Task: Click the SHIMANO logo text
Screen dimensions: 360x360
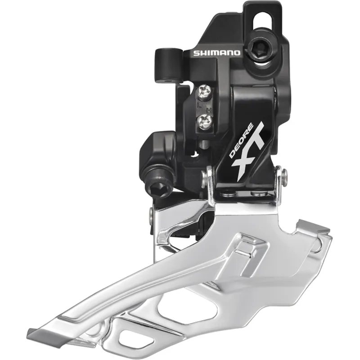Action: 217,53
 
